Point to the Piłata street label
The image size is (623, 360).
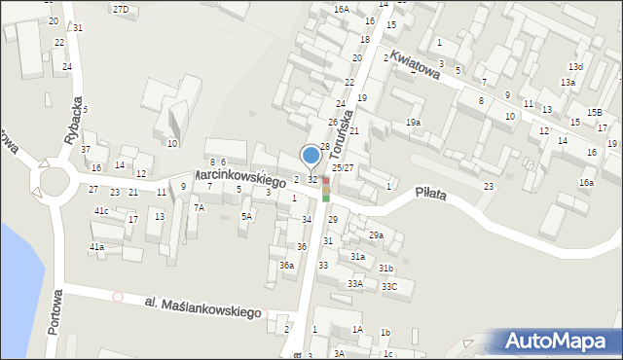(428, 194)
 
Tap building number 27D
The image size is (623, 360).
(121, 9)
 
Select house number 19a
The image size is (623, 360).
(413, 123)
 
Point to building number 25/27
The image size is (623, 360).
(343, 167)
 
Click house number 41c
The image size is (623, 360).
(101, 211)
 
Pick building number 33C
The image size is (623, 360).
(389, 287)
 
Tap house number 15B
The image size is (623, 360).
(593, 113)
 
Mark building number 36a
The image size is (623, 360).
(286, 265)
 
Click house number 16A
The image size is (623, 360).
(341, 9)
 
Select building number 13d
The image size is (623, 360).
(576, 66)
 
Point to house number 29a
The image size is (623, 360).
(376, 235)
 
